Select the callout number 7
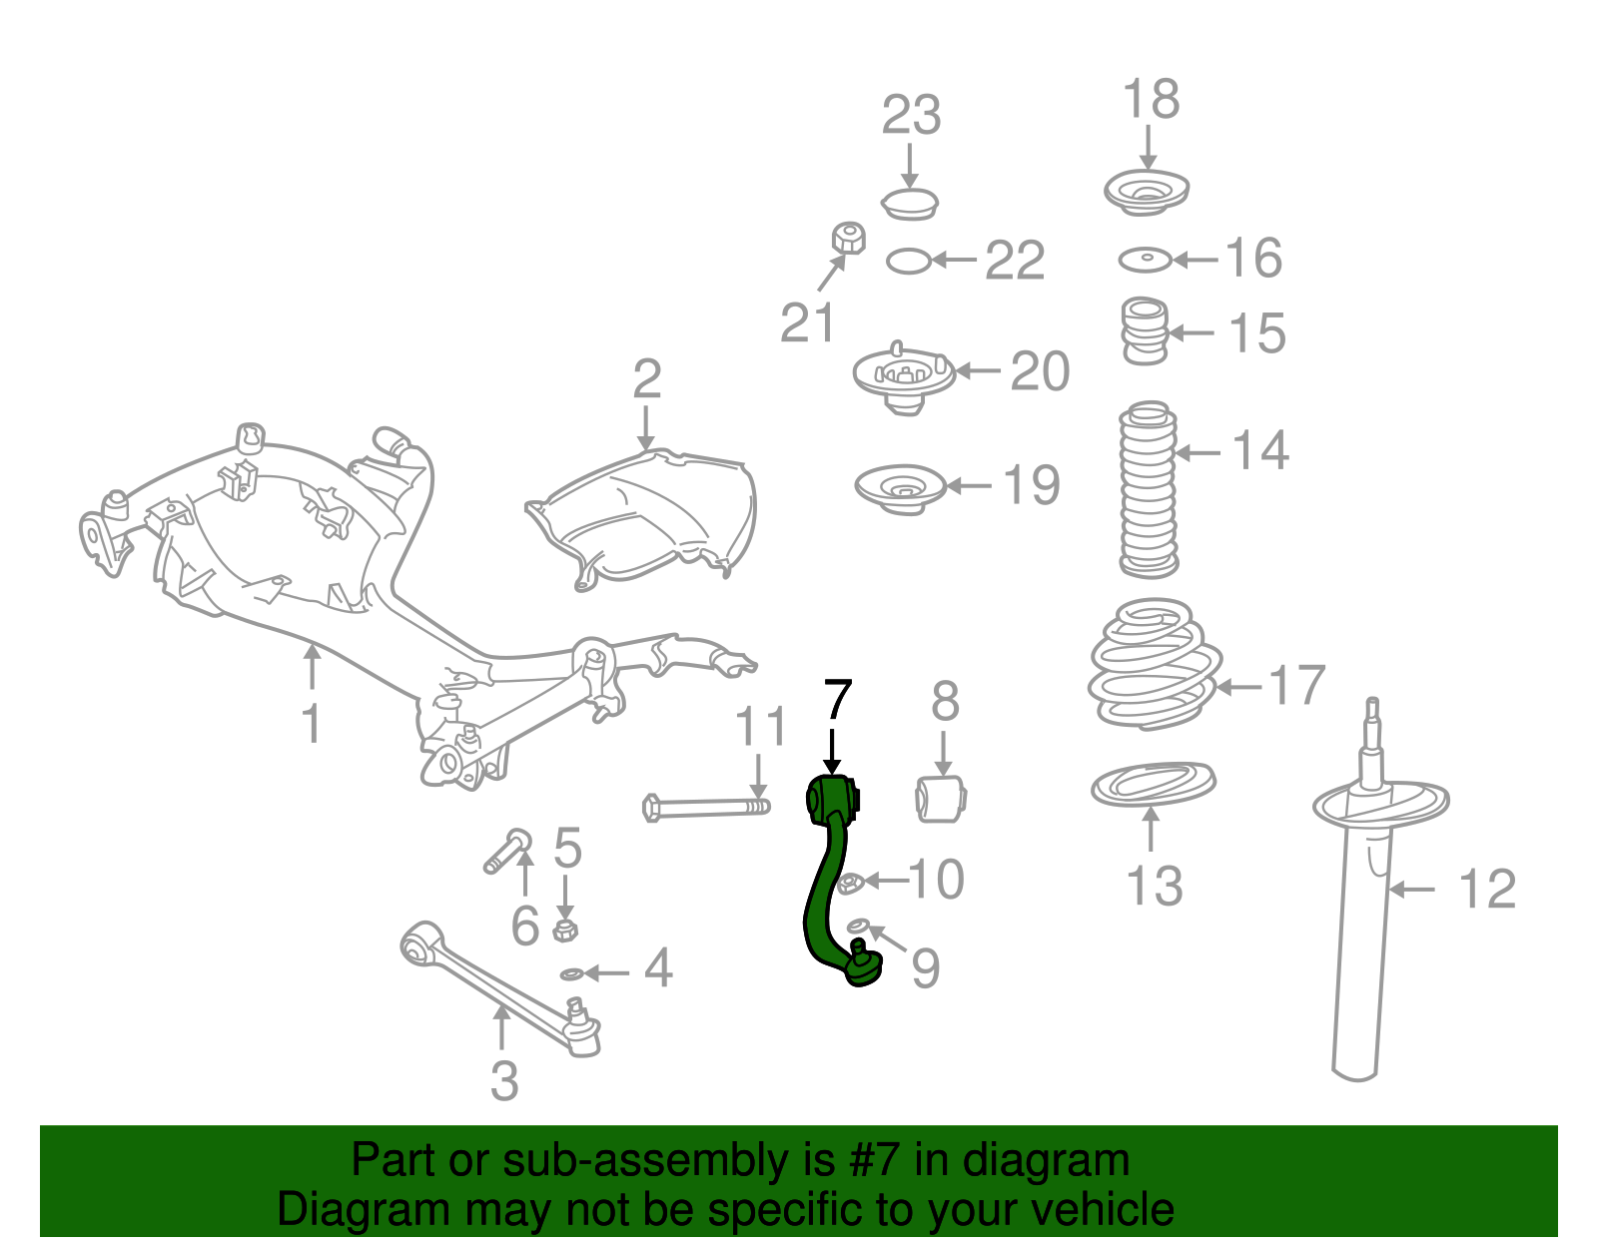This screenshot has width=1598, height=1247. click(x=837, y=701)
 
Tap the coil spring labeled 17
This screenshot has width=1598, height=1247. click(x=1154, y=664)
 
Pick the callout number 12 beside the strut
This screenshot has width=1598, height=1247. click(x=1486, y=889)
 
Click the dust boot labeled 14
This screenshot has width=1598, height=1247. click(x=1148, y=489)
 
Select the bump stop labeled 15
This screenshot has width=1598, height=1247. click(x=1145, y=331)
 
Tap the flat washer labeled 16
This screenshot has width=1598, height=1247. click(x=1144, y=261)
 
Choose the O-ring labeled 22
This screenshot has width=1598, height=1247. click(x=908, y=262)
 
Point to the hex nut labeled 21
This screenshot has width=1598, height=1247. click(x=848, y=239)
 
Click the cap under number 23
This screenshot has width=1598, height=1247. click(x=910, y=203)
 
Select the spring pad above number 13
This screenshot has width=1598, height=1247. click(x=1153, y=785)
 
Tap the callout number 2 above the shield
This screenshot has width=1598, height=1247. click(x=647, y=380)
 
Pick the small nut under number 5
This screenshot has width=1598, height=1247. click(x=565, y=931)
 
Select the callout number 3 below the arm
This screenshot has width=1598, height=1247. click(x=504, y=1081)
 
